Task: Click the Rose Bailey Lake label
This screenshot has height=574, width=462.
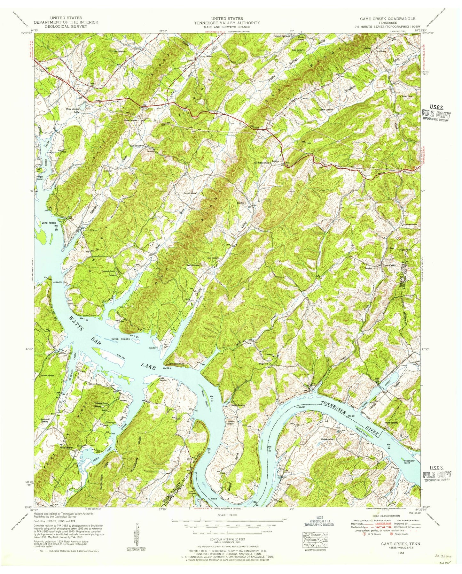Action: point(73,111)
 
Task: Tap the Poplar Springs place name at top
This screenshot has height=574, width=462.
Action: point(281,36)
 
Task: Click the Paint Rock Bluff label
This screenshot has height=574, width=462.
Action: point(174,364)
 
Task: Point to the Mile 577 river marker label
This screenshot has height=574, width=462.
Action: point(211,397)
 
